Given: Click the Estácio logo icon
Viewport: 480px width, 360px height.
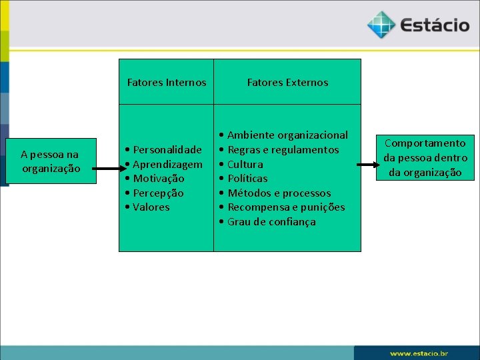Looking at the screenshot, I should click(381, 25).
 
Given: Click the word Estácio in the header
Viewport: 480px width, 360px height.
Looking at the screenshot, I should click(435, 26).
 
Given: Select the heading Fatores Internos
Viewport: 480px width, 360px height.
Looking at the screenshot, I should click(167, 83).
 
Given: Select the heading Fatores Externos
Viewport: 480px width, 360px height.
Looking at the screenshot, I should click(287, 83).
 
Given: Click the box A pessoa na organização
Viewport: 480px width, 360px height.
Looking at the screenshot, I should click(50, 161).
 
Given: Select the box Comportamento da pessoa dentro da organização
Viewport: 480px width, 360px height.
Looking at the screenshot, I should click(425, 158).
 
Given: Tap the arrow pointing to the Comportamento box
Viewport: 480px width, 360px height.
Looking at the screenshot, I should click(367, 164).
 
